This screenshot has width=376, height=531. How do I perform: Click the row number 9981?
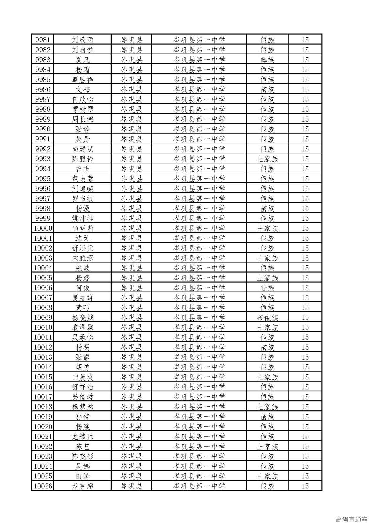(43, 40)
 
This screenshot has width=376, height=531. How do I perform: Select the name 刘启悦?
(83, 50)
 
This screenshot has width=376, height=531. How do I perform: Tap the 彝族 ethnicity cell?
(267, 60)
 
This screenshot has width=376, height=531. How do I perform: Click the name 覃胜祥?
(83, 80)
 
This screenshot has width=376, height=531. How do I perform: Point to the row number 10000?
(43, 228)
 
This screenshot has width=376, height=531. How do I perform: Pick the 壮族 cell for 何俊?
(267, 288)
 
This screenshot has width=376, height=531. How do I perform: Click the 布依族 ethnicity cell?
(267, 317)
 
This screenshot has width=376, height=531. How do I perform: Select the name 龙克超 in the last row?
(83, 486)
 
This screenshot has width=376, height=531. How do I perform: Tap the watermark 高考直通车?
(351, 519)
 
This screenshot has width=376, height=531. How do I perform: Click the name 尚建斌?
(83, 149)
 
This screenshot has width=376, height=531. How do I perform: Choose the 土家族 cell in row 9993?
(267, 159)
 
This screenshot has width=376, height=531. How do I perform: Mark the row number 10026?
(43, 486)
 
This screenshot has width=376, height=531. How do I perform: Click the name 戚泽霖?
(83, 327)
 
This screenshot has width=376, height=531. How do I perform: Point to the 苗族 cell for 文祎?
(267, 89)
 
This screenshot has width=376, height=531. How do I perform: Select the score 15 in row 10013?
(305, 357)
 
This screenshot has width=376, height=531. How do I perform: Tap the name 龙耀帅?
(83, 437)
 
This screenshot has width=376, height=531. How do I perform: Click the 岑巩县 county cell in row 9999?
(132, 218)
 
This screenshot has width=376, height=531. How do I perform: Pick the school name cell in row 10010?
(199, 327)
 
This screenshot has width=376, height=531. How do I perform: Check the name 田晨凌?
(83, 377)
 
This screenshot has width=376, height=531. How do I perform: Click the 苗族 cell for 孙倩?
(267, 417)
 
